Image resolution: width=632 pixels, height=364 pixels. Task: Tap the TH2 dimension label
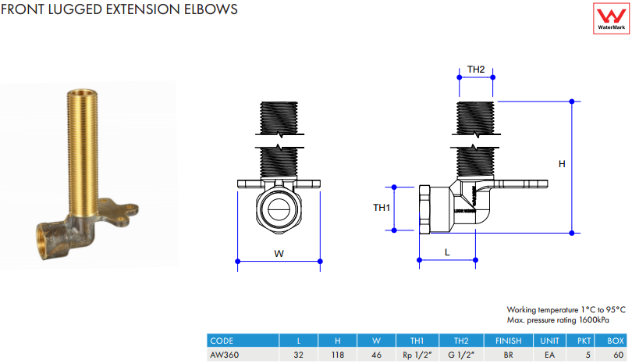pos(476,70)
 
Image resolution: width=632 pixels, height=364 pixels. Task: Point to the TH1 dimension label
pos(382,208)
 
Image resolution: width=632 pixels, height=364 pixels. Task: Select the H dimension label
pos(562,164)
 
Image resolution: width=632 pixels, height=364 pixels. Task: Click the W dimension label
pos(279,253)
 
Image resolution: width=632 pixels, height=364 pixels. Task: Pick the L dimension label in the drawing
pos(447,252)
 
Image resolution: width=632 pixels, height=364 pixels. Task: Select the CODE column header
pos(222,341)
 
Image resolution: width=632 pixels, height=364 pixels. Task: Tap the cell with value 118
pos(338,353)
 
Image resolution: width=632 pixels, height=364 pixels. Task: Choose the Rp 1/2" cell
pos(417,353)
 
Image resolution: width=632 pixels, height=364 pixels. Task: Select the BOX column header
pos(616,341)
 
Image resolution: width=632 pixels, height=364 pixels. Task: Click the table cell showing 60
pos(616,353)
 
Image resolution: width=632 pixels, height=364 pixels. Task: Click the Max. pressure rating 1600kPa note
pos(557,319)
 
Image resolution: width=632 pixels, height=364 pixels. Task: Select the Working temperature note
pos(566,310)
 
